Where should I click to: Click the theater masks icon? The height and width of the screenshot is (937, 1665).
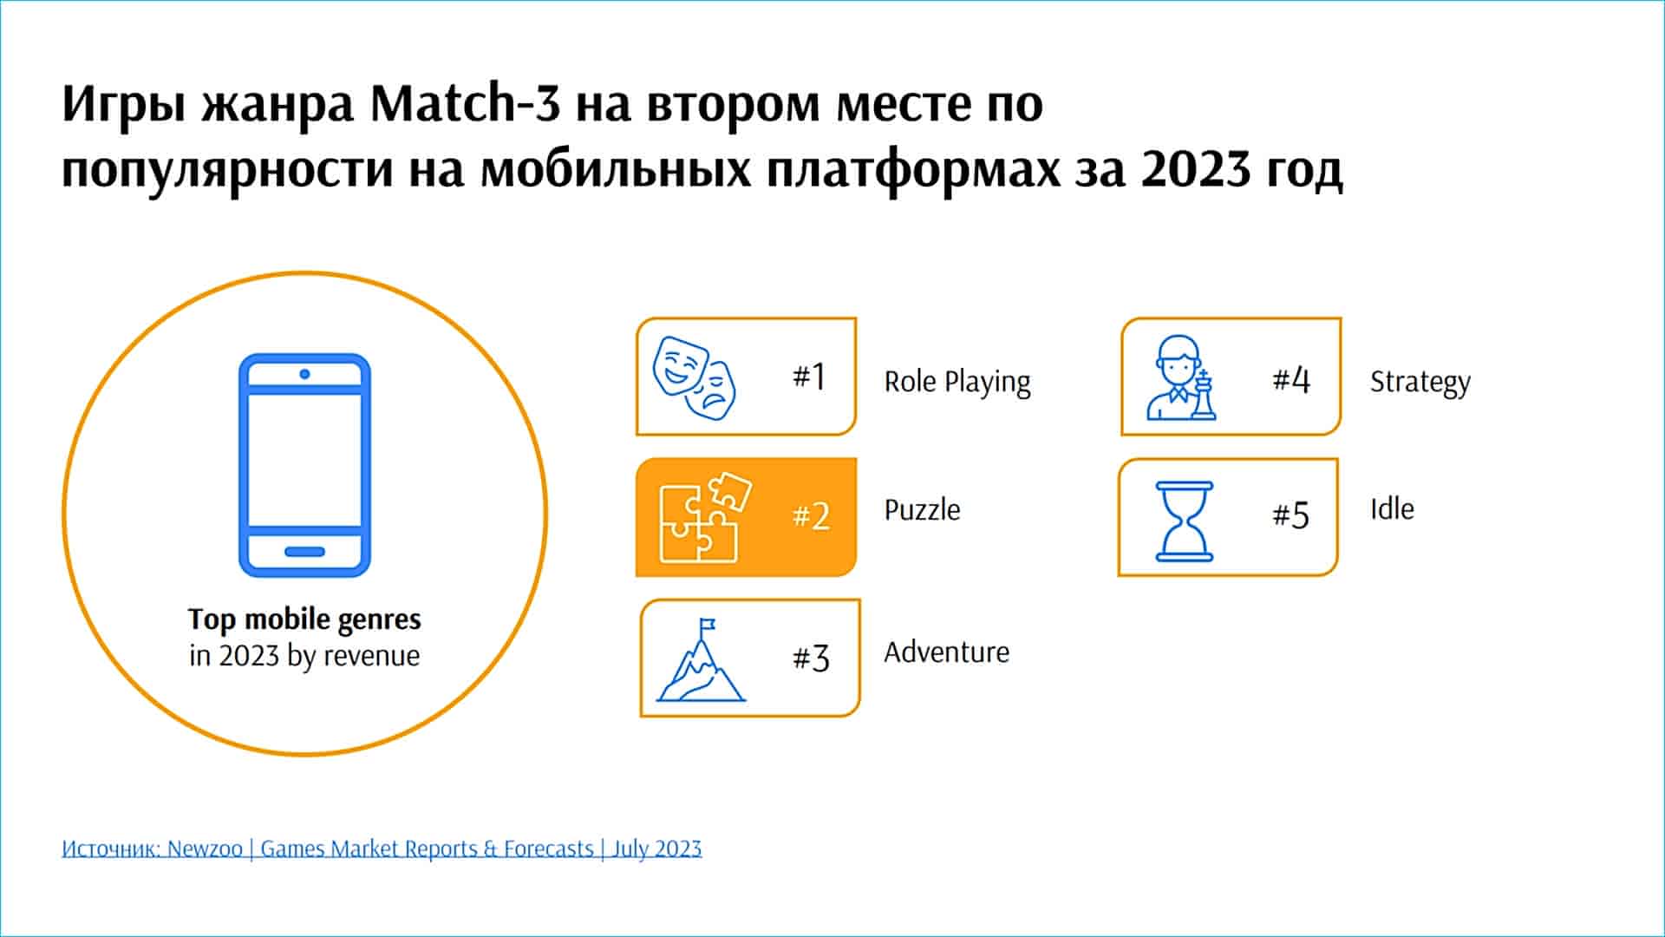coord(694,377)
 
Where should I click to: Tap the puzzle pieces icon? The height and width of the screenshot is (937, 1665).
coord(705,517)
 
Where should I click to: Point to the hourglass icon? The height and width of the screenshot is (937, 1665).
coord(1185,521)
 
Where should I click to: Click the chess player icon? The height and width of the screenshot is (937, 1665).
coord(1180,378)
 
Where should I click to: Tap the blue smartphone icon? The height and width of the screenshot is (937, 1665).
coord(304,465)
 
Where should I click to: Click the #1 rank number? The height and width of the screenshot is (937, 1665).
coord(809,377)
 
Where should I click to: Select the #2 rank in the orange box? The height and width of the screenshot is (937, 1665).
coord(812,516)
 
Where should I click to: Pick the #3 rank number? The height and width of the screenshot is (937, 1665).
coord(812,659)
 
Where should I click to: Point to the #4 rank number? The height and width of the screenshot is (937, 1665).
coord(1291,379)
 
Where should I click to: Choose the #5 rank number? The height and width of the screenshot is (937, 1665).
coord(1291,515)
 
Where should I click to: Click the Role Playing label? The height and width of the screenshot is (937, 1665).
coord(957,383)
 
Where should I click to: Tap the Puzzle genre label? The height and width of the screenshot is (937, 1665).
coord(922,509)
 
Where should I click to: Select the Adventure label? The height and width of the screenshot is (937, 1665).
coord(947,652)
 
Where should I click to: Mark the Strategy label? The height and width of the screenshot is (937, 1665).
coord(1420,383)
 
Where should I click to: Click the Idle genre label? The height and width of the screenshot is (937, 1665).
coord(1392,508)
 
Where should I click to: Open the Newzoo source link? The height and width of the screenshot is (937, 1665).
coord(382,849)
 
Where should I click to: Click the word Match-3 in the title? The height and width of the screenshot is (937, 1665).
coord(466,103)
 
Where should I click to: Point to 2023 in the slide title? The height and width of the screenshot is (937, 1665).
coord(1196,168)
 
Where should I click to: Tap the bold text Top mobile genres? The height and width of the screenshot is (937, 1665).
coord(304,620)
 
